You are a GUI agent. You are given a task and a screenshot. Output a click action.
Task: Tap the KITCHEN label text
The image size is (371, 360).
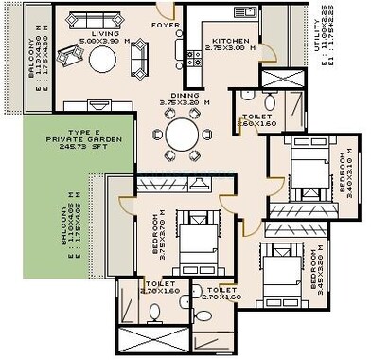coord(230,41)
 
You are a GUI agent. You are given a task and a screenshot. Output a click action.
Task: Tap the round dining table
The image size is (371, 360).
coord(182,134)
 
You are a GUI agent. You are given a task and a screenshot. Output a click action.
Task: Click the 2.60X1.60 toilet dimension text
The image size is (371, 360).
coord(256,121)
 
